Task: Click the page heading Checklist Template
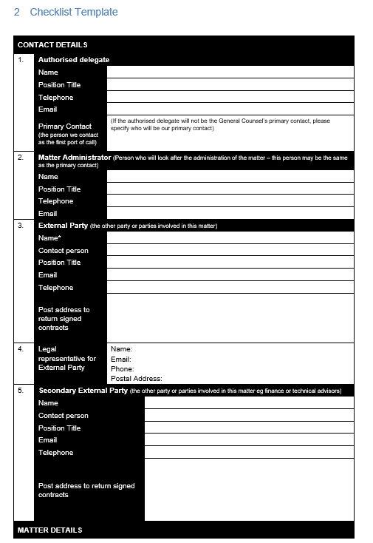click(x=74, y=12)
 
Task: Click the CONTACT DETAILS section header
click(x=52, y=45)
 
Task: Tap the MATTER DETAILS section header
click(x=49, y=530)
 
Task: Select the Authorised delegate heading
click(x=74, y=60)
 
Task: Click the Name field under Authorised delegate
click(x=230, y=72)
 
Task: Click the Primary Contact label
click(x=65, y=127)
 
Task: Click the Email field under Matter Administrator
click(x=230, y=214)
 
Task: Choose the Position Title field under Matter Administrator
click(x=230, y=189)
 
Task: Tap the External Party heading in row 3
click(x=63, y=226)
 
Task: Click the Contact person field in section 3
click(x=230, y=251)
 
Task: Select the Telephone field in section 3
click(x=230, y=287)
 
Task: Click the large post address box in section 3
click(x=230, y=318)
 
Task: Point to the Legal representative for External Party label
click(x=67, y=358)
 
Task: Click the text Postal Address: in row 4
click(x=136, y=379)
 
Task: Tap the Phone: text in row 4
click(x=122, y=368)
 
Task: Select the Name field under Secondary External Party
click(x=248, y=403)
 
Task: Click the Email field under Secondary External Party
click(x=248, y=440)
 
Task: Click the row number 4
click(x=21, y=348)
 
